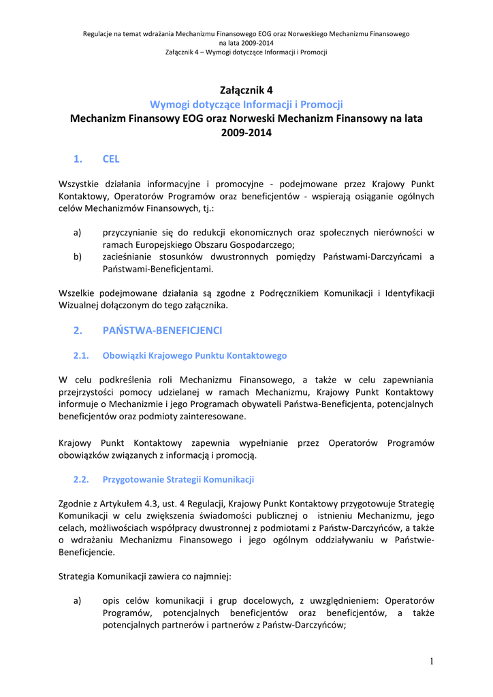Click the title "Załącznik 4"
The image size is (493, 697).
246,90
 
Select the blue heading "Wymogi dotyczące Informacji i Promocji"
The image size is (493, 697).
246,104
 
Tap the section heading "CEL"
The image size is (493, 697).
110,159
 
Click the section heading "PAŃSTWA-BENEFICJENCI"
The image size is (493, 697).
162,331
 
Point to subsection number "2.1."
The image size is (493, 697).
82,355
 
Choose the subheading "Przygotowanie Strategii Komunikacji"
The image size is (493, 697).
178,479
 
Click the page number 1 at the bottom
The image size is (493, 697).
432,662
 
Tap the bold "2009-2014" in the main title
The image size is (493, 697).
246,133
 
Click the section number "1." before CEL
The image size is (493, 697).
78,159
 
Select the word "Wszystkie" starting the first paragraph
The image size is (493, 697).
79,184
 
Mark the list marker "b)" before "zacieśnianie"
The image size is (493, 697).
78,257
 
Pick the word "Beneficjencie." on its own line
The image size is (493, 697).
87,552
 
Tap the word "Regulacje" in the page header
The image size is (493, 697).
99,33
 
